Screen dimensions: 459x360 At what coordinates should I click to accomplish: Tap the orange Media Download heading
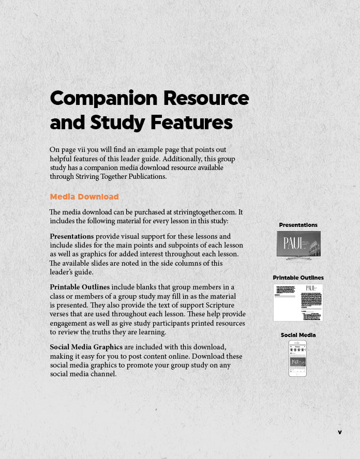coord(84,196)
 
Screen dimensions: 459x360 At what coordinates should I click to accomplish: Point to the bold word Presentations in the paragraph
coord(71,236)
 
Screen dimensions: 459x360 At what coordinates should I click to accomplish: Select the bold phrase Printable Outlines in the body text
coord(80,287)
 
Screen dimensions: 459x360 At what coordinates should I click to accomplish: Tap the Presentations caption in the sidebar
coord(298,225)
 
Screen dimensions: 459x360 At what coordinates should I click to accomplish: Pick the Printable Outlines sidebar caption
coord(298,278)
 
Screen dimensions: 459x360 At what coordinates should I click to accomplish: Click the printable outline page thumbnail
coord(298,302)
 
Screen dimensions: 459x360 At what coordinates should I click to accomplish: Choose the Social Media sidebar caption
coord(298,335)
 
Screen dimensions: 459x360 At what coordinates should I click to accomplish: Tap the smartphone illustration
coord(297,358)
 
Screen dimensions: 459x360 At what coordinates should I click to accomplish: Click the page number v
coord(340,432)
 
